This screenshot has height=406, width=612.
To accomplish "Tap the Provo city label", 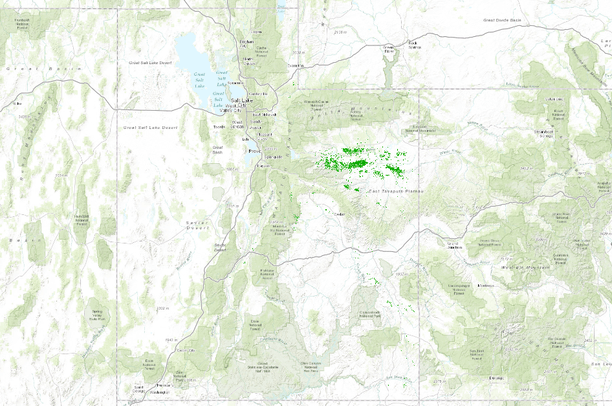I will (254, 151).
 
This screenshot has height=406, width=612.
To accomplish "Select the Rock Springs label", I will (414, 43).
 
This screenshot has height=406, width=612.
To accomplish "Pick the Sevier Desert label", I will (195, 224).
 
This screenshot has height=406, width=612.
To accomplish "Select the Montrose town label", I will (488, 285).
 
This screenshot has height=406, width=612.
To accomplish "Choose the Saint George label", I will (139, 388).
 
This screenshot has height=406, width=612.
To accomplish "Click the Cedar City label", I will (180, 351).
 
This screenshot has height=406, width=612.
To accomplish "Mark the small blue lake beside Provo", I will (248, 157).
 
